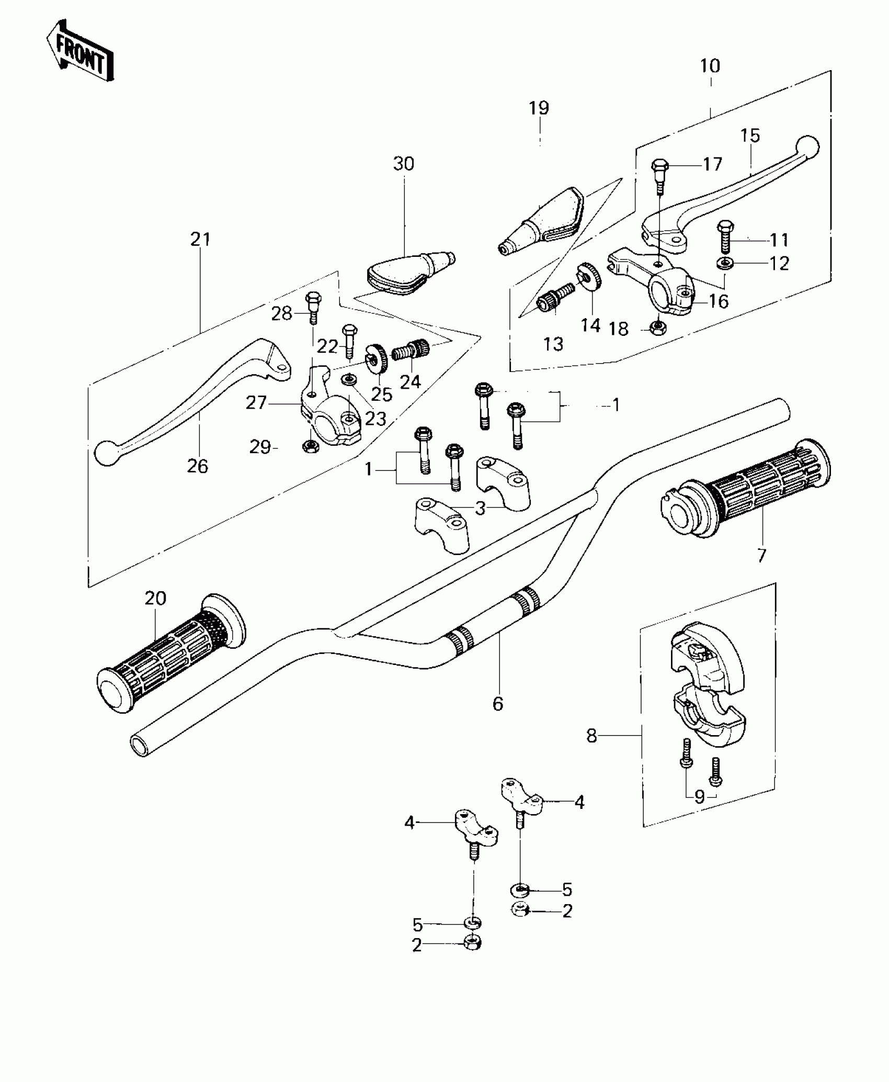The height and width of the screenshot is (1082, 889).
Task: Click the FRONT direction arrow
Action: click(x=80, y=50)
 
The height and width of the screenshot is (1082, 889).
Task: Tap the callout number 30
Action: click(x=403, y=164)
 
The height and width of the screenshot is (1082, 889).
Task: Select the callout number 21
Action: click(x=200, y=239)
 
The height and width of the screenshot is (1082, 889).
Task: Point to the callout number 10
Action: click(x=710, y=66)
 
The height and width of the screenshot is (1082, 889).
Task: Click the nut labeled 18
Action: click(x=657, y=328)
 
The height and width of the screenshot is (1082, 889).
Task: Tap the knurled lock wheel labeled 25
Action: click(x=375, y=358)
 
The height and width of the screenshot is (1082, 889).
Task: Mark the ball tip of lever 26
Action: click(x=106, y=453)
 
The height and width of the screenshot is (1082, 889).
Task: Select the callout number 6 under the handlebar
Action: click(x=498, y=704)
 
